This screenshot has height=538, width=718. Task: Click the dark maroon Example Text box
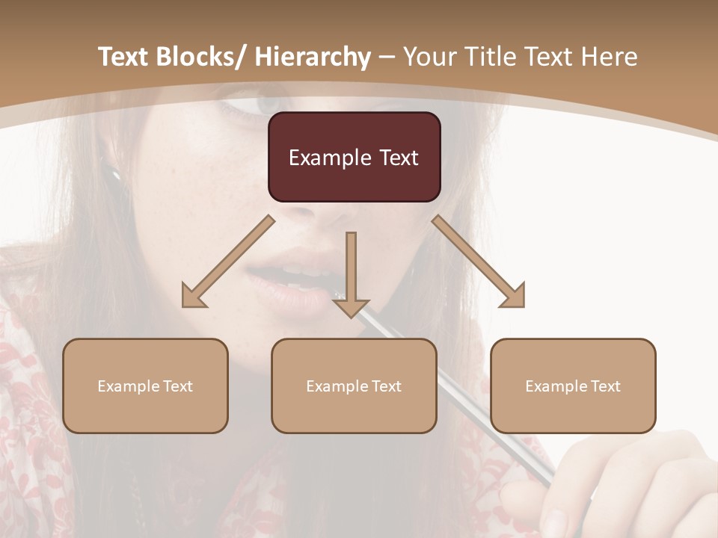point(354,157)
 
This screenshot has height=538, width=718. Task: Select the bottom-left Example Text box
point(145,386)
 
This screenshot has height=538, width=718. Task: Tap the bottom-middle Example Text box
point(354,386)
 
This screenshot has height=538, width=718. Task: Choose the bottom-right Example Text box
point(573,386)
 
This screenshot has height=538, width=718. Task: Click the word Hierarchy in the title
point(313,57)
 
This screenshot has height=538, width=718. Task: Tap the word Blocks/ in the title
point(204,57)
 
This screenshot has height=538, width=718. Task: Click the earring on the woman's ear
point(117,176)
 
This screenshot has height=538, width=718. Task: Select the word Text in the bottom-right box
point(605,386)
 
